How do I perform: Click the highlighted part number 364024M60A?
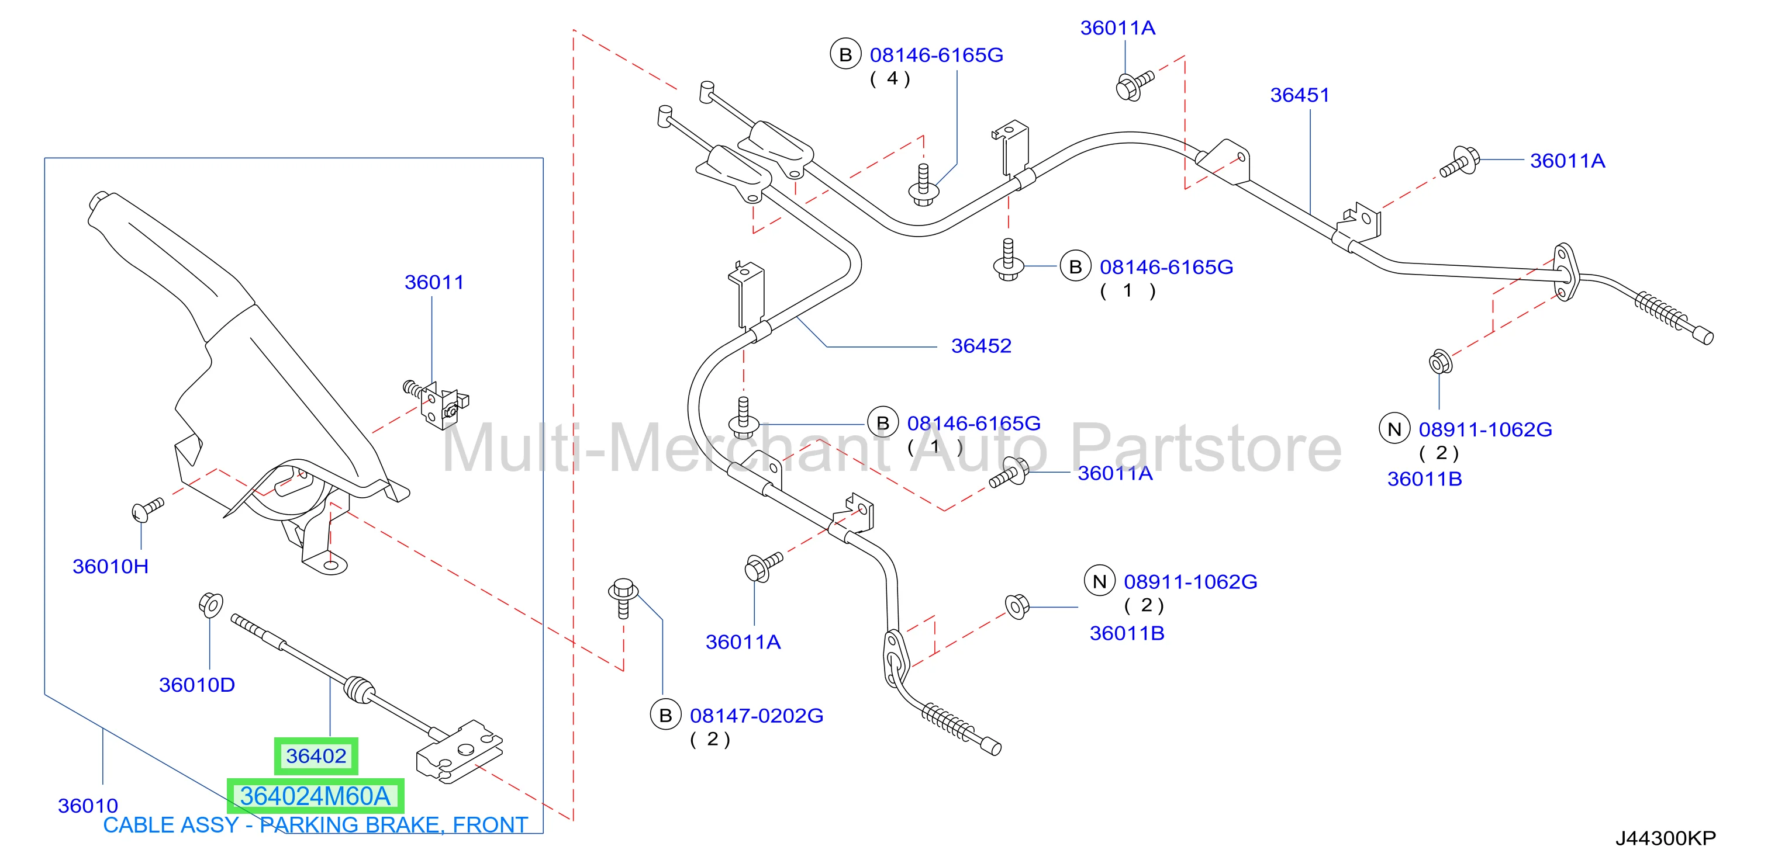click(x=315, y=796)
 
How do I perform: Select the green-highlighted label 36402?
click(x=316, y=756)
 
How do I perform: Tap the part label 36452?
click(x=981, y=345)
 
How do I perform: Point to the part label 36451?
click(x=1300, y=95)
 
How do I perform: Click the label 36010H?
click(x=111, y=567)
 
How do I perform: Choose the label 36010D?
click(x=197, y=685)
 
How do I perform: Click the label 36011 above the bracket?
click(x=434, y=283)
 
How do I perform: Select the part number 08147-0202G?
click(x=757, y=715)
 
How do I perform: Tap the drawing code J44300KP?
click(x=1666, y=838)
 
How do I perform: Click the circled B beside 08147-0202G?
click(x=666, y=715)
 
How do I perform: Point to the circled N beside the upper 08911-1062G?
click(x=1395, y=429)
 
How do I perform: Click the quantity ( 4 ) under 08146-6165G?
click(x=891, y=79)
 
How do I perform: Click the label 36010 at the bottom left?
click(x=88, y=806)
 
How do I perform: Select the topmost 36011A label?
click(x=1118, y=27)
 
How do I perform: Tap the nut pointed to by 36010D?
click(x=210, y=605)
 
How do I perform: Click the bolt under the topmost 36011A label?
click(x=1134, y=85)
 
